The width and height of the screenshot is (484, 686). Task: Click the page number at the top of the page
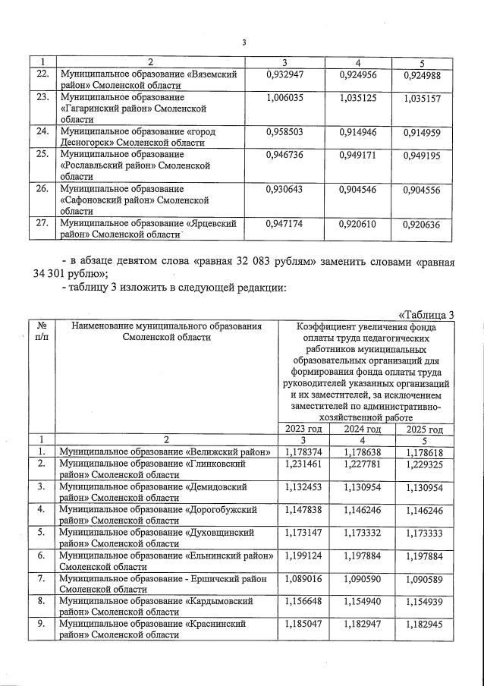click(x=244, y=42)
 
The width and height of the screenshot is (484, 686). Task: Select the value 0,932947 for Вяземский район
click(x=288, y=76)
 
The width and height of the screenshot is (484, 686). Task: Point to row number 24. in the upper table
click(x=43, y=131)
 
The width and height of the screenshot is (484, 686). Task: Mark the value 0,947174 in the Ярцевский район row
click(x=288, y=225)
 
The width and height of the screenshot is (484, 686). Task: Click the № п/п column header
click(x=41, y=331)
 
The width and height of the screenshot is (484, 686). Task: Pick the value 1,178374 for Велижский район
click(x=303, y=452)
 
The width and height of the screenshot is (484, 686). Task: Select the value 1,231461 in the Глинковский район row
click(x=303, y=464)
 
